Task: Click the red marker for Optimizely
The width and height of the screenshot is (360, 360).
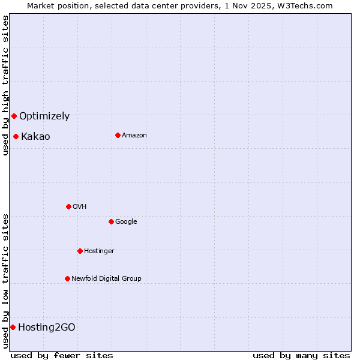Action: (x=14, y=116)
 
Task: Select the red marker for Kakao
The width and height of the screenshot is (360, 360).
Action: (x=16, y=136)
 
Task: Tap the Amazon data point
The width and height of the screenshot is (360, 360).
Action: (x=118, y=135)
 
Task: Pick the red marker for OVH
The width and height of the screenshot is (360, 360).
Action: (x=68, y=206)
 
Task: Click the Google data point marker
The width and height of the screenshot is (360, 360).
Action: (x=111, y=221)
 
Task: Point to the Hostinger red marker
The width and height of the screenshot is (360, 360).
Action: (x=80, y=251)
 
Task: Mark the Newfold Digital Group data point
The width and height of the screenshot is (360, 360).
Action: (x=67, y=278)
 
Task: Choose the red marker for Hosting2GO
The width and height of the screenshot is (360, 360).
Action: (x=13, y=327)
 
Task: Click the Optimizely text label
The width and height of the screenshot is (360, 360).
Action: (x=44, y=116)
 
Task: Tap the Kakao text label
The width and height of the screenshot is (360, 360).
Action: (x=35, y=137)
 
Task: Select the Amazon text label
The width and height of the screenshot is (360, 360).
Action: (x=134, y=136)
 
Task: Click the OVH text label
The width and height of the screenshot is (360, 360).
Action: (x=80, y=207)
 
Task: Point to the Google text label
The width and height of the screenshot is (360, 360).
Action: (x=126, y=222)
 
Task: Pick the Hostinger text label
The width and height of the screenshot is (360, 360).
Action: (x=99, y=251)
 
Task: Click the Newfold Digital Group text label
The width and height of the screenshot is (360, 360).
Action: (x=106, y=279)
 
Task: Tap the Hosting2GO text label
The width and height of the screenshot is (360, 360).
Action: (x=47, y=328)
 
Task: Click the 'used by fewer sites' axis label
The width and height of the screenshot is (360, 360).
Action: (x=62, y=355)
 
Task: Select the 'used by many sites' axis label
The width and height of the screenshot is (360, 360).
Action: (x=301, y=355)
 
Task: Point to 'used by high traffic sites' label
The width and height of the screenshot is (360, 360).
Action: (x=6, y=85)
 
